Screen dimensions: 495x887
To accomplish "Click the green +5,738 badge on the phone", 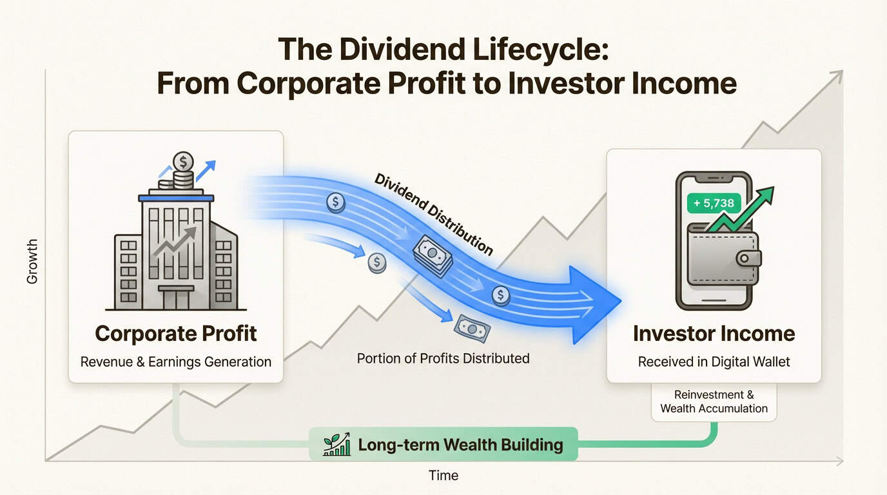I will coord(714,204).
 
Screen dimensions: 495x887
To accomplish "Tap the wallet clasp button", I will coord(748,258).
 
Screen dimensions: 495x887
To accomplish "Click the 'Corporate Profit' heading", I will coord(176,333).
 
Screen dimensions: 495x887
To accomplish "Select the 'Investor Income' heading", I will coord(714,333).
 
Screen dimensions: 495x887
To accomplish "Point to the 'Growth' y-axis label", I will coord(32,261).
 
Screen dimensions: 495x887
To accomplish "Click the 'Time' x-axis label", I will coord(443,476).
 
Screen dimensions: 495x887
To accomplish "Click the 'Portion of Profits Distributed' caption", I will coord(443,358).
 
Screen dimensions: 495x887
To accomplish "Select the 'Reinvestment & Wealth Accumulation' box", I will coord(714,401).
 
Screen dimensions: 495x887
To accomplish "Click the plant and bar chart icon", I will coord(336,444).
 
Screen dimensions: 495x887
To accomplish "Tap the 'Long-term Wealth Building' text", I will coord(460,445).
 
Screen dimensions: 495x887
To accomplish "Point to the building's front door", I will coord(175,298).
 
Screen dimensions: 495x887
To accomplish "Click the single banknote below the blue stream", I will coord(472,328).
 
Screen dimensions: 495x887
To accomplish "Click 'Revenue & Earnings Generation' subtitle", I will coord(175,362).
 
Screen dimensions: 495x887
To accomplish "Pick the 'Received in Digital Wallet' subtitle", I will coord(714,362).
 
